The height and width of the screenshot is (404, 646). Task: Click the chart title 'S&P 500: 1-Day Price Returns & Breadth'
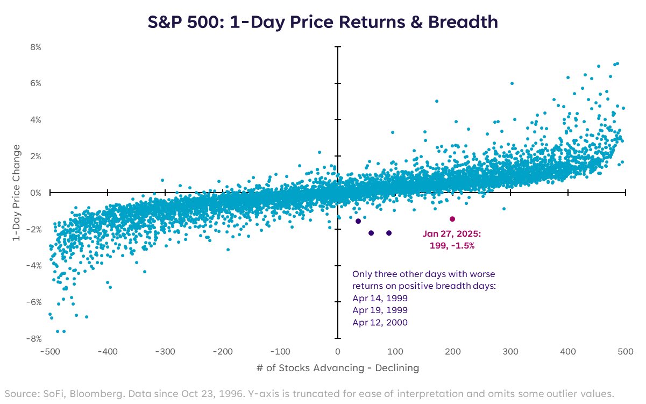(323, 23)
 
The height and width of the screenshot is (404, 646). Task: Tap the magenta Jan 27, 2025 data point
(452, 219)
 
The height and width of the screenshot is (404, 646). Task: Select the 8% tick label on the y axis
(36, 47)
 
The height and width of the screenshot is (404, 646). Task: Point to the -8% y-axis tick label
(34, 338)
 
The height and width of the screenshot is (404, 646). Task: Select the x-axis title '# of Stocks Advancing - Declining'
(337, 368)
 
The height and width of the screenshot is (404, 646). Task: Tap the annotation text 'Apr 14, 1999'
(380, 298)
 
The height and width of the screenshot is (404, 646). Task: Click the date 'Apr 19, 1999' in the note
(380, 310)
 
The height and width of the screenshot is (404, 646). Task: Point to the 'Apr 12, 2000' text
(380, 323)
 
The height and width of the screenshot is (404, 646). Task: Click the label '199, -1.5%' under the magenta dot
(452, 245)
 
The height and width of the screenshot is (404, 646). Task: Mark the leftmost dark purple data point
(358, 221)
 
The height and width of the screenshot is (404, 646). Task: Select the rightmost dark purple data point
(389, 233)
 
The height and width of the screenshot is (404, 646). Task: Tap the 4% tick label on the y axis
(36, 120)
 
